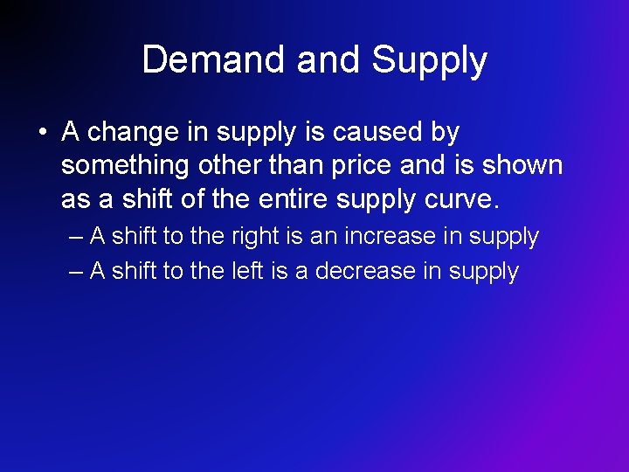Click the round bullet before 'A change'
(42, 133)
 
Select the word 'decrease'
(365, 271)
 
